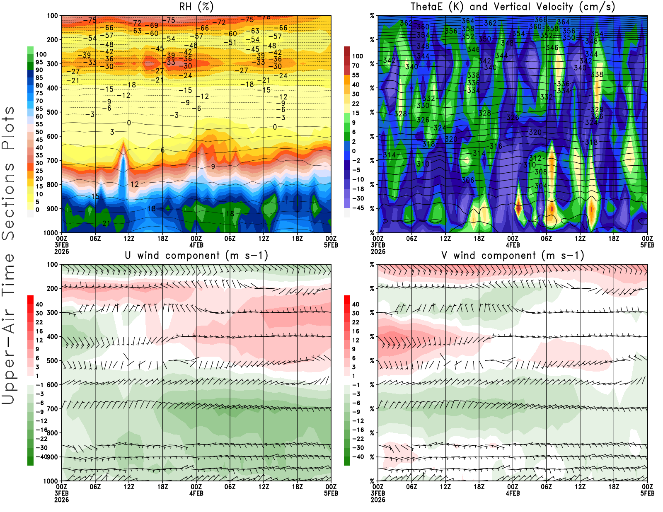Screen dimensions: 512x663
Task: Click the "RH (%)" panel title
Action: pyautogui.click(x=196, y=7)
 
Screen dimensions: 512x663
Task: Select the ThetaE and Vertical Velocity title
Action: pyautogui.click(x=513, y=7)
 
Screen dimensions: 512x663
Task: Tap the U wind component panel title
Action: pyautogui.click(x=196, y=256)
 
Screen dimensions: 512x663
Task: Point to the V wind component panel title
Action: pyautogui.click(x=513, y=256)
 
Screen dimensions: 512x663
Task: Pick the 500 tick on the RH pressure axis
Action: pyautogui.click(x=53, y=112)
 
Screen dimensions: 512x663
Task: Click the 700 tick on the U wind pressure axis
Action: pyautogui.click(x=53, y=409)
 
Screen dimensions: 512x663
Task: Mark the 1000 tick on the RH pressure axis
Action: pyautogui.click(x=51, y=233)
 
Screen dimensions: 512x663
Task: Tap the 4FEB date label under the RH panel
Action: pyautogui.click(x=196, y=245)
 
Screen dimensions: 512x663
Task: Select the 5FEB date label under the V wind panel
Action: pyautogui.click(x=647, y=493)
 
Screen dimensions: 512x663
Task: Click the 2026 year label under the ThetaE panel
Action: pyautogui.click(x=378, y=251)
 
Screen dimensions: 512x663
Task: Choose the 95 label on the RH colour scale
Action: pyautogui.click(x=39, y=62)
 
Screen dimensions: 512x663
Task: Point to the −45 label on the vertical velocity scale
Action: pyautogui.click(x=358, y=208)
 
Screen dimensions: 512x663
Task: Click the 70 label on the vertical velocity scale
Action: pyautogui.click(x=356, y=65)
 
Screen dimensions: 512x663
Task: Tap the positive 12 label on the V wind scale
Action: pyautogui.click(x=356, y=340)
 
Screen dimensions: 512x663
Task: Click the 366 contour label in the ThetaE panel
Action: pyautogui.click(x=540, y=19)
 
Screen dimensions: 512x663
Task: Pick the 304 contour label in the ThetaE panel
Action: pyautogui.click(x=540, y=186)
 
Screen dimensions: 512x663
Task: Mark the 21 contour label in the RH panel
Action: pyautogui.click(x=106, y=224)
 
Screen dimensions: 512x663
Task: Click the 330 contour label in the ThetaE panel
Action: pyautogui.click(x=423, y=106)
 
